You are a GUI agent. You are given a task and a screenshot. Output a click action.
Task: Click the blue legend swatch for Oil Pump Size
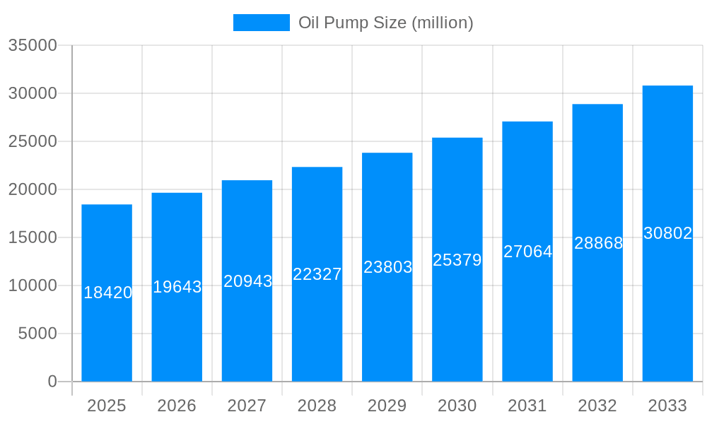point(261,23)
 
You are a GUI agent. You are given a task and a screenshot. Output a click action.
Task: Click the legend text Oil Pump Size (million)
point(385,23)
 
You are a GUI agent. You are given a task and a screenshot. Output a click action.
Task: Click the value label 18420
point(107,293)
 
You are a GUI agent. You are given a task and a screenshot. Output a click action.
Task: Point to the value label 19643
point(177,287)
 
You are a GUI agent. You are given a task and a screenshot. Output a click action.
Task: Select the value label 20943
point(247,281)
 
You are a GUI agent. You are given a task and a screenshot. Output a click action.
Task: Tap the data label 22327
point(317,274)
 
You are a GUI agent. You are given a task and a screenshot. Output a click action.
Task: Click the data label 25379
point(457,260)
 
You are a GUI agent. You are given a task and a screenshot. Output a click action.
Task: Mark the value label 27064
point(527,252)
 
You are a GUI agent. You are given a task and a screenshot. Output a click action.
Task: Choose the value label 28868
point(598,243)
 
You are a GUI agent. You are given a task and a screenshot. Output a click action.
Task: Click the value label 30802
point(667,233)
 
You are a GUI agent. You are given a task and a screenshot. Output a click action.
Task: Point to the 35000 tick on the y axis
point(32,45)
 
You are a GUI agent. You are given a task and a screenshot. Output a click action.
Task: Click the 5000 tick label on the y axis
point(37,334)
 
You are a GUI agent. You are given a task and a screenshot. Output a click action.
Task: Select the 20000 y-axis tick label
point(32,189)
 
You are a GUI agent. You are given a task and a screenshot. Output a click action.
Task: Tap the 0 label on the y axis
point(52,382)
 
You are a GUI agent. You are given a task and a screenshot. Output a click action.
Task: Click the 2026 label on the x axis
point(177,406)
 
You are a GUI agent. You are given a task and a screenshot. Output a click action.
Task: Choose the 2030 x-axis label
point(457,406)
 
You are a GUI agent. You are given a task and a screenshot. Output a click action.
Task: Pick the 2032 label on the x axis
point(597,406)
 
